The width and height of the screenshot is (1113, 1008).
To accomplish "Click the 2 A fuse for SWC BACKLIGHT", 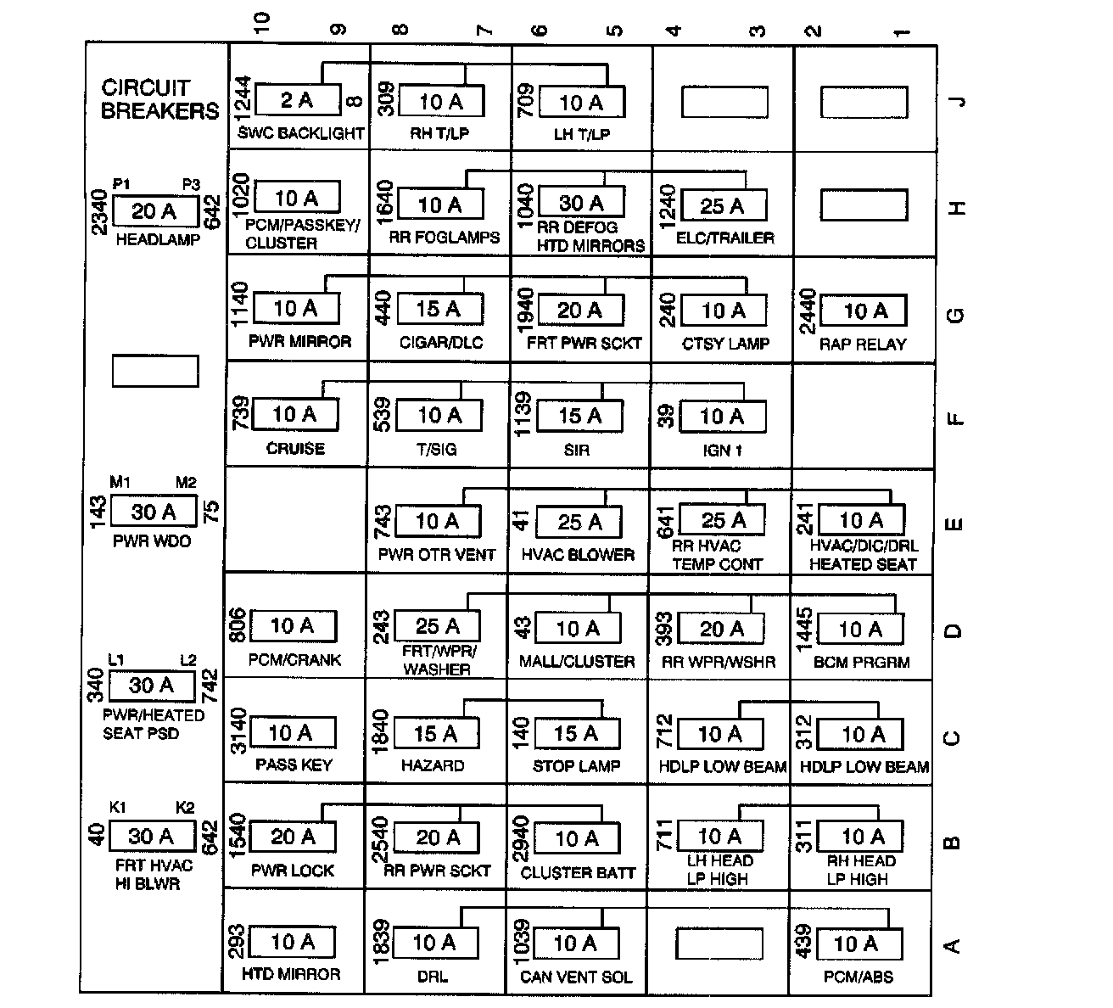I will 298,100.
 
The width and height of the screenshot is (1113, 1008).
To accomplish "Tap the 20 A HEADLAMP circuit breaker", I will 154,211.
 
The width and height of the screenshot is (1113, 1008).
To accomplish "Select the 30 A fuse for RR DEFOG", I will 581,203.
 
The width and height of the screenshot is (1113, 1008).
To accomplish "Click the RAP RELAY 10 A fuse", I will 864,311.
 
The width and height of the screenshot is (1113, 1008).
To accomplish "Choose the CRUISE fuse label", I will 295,448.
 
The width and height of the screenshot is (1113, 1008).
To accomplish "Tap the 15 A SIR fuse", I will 580,416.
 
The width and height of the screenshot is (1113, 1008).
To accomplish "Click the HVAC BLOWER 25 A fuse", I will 580,522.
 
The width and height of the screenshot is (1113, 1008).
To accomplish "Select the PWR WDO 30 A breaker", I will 154,512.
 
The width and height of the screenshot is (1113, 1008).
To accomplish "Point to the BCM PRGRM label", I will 861,662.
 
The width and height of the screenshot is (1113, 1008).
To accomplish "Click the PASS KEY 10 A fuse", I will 293,732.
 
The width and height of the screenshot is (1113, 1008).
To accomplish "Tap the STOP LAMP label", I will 577,766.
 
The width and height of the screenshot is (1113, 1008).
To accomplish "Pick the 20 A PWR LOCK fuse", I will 293,837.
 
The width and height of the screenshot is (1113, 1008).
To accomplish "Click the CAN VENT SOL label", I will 576,977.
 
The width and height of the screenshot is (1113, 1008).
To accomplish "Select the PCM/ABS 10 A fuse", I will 858,944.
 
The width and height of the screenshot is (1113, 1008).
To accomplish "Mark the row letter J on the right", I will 958,102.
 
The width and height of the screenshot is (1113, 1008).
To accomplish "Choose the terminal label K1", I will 117,807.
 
